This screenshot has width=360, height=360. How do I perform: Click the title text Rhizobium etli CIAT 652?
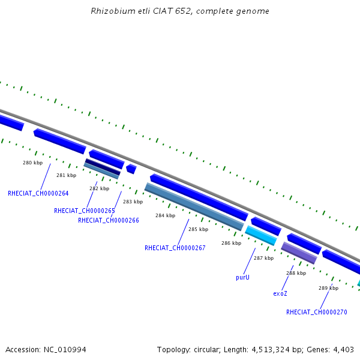[x=180, y=11]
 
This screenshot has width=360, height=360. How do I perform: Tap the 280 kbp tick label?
[x=33, y=163]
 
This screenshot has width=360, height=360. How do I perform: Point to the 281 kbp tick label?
[x=67, y=176]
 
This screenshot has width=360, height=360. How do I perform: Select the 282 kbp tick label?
[x=99, y=189]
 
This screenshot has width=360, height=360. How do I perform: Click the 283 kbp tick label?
[x=133, y=202]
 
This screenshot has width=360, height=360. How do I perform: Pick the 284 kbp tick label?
[x=165, y=215]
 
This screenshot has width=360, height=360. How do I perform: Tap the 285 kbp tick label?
[x=198, y=229]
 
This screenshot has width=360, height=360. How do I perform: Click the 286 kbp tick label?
[x=231, y=244]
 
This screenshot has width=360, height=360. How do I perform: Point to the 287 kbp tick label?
[x=263, y=258]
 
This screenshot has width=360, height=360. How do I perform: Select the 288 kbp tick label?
[x=296, y=273]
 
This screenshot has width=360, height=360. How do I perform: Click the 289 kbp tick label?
[x=328, y=289]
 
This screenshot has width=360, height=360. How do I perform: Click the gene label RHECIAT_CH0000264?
[x=38, y=194]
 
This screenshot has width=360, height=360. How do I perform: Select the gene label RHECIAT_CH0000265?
[x=85, y=211]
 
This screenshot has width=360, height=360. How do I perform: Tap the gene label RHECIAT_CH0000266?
[x=109, y=221]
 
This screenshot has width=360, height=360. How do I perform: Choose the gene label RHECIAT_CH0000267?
[x=175, y=248]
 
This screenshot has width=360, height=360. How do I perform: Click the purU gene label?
[x=243, y=278]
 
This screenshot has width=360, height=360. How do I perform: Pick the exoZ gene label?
[x=280, y=294]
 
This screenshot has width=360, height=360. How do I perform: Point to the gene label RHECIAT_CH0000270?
[x=316, y=312]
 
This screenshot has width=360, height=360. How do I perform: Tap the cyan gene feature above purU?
[x=261, y=235]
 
